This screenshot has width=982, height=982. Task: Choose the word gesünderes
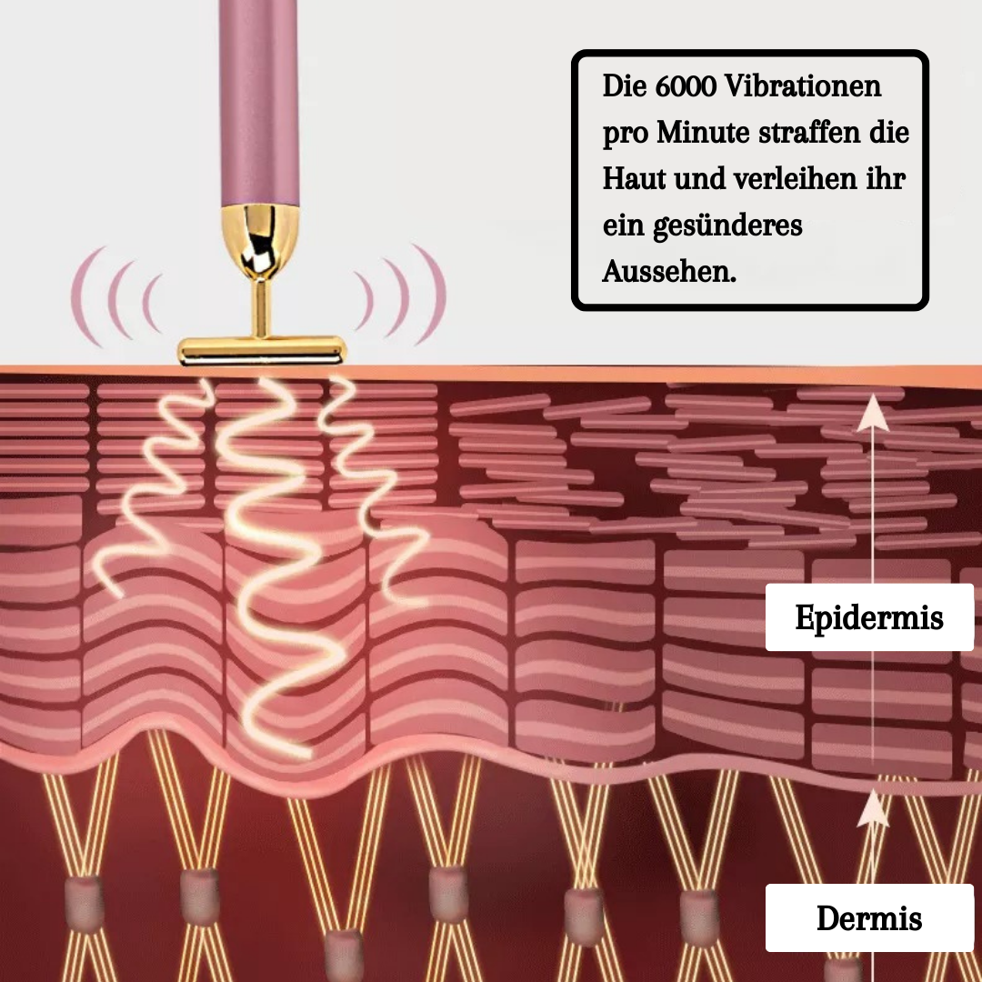click(x=728, y=225)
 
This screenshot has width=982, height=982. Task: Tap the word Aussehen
click(x=669, y=271)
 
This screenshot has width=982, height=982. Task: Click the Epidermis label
click(x=869, y=617)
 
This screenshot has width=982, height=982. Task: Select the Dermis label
click(x=869, y=917)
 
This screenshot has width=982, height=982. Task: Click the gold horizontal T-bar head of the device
click(x=262, y=348)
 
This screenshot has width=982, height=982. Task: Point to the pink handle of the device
click(x=259, y=100)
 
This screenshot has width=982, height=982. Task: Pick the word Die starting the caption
click(x=622, y=87)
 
